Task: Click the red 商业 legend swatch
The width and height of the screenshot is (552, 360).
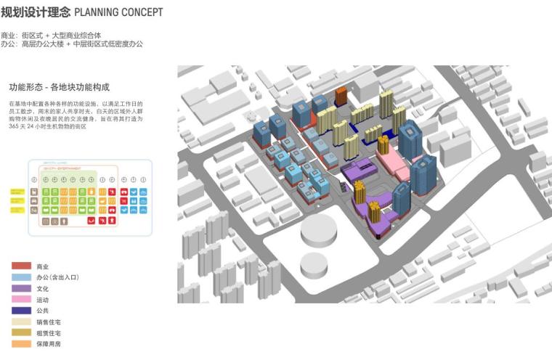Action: (x=21, y=266)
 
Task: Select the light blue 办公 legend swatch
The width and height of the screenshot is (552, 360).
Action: (x=21, y=277)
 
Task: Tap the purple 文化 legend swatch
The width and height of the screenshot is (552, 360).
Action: (x=21, y=288)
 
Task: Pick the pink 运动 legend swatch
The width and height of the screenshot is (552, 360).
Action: (x=21, y=299)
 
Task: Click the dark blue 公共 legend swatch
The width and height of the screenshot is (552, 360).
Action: (x=21, y=310)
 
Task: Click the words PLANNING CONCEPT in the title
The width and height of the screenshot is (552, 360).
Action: (x=118, y=13)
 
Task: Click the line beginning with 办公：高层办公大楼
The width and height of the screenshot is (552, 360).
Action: (x=72, y=44)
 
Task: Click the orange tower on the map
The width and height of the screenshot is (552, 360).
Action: (x=341, y=97)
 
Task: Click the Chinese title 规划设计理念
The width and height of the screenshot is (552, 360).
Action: (x=36, y=13)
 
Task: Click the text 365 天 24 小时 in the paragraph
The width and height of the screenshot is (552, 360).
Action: (x=33, y=126)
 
